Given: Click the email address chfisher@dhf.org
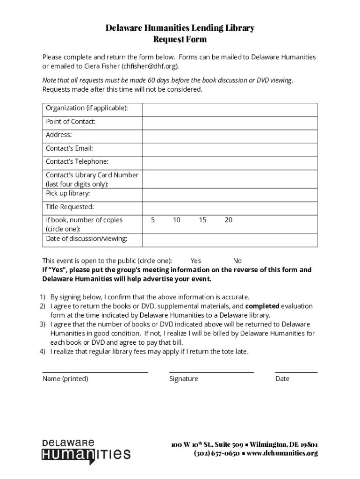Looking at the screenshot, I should (150, 66).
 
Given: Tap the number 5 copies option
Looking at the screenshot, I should (153, 220).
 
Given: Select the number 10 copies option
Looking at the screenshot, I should (176, 220).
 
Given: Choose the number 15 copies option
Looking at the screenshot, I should (202, 220).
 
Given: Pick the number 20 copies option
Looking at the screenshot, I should (228, 220).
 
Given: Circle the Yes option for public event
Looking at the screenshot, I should (196, 261).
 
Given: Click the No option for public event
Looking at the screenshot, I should (238, 261).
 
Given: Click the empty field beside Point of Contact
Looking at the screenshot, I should (230, 123).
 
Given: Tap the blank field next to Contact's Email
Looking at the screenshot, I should (230, 149).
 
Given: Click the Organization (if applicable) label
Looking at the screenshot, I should (87, 109).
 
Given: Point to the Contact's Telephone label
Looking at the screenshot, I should (77, 162).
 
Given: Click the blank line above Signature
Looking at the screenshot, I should (211, 371).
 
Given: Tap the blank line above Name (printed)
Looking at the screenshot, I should (95, 371).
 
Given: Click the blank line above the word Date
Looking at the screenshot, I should (296, 371).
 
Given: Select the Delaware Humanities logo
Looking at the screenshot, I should (86, 452).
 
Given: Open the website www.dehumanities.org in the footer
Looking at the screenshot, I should (282, 453).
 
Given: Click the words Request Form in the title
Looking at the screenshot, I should (180, 40).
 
